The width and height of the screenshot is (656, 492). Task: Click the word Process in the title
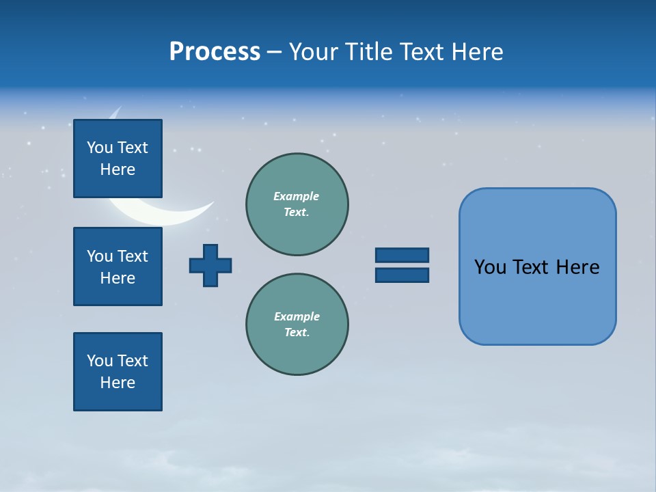pyautogui.click(x=215, y=52)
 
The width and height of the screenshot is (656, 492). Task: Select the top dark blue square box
pyautogui.click(x=118, y=159)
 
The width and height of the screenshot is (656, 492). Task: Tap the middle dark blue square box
pyautogui.click(x=118, y=266)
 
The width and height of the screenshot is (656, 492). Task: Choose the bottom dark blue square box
pyautogui.click(x=118, y=372)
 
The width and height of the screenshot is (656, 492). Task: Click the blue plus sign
pyautogui.click(x=210, y=265)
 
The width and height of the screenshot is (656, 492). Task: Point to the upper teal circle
pyautogui.click(x=297, y=204)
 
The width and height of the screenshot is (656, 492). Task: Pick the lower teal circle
pyautogui.click(x=297, y=325)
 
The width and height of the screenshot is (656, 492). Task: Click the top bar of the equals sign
pyautogui.click(x=402, y=255)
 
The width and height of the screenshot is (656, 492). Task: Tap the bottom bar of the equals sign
pyautogui.click(x=402, y=275)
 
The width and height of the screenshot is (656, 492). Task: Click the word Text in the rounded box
pyautogui.click(x=531, y=267)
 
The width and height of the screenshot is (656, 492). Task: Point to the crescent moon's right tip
pyautogui.click(x=213, y=202)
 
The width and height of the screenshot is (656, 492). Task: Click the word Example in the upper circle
pyautogui.click(x=296, y=196)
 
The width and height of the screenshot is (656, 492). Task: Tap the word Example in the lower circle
pyautogui.click(x=297, y=316)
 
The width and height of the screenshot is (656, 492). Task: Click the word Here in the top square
pyautogui.click(x=118, y=169)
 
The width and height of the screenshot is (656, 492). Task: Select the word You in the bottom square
pyautogui.click(x=99, y=361)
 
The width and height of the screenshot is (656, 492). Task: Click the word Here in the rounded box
pyautogui.click(x=577, y=267)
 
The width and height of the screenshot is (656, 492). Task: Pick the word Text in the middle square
pyautogui.click(x=133, y=256)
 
